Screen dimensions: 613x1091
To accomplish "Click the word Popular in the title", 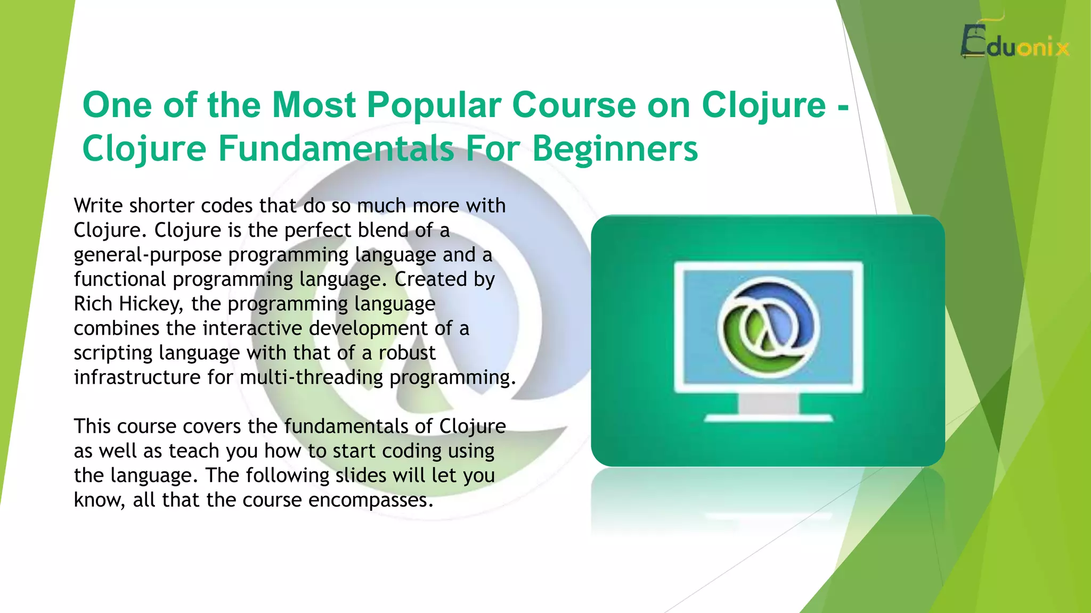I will (x=434, y=105).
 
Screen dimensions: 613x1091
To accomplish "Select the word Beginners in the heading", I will (x=615, y=149).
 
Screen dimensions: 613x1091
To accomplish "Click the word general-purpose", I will (x=147, y=255).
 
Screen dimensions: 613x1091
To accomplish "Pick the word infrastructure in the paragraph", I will (x=137, y=377).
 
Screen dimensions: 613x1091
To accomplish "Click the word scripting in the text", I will (x=112, y=353).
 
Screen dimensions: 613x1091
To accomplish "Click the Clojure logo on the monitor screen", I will (x=768, y=326).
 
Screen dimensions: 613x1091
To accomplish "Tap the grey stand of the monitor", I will (x=768, y=403).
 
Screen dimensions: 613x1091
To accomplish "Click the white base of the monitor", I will (x=768, y=419).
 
